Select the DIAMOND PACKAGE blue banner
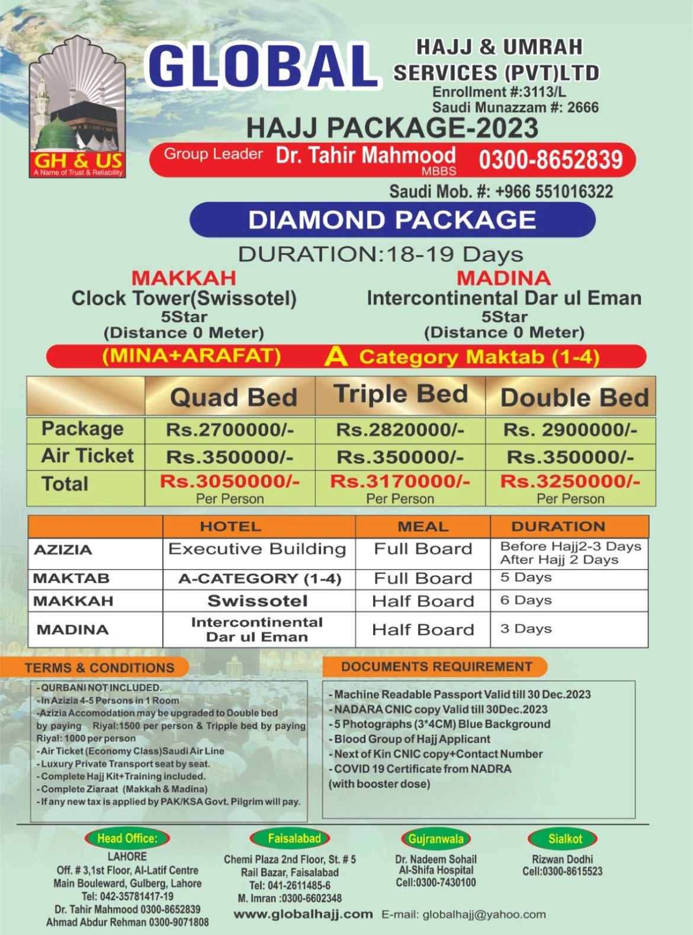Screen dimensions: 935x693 (x=392, y=220)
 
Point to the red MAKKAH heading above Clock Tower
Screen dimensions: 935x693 (x=184, y=278)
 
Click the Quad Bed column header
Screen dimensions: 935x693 (x=233, y=397)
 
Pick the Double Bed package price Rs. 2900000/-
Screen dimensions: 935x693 (x=570, y=430)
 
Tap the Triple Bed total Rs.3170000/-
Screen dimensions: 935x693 (x=400, y=481)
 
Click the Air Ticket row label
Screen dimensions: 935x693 (x=87, y=456)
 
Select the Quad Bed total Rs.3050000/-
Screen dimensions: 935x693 (x=229, y=481)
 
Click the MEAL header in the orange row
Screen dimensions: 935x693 (x=423, y=526)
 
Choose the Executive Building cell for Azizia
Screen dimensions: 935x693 (x=257, y=549)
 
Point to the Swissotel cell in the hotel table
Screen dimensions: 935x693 (x=258, y=601)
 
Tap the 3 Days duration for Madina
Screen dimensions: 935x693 (x=526, y=629)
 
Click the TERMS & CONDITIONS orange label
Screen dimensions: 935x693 (x=100, y=668)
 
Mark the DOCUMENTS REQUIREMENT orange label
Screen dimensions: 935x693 (x=437, y=667)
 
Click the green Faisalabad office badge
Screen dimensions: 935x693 (x=294, y=838)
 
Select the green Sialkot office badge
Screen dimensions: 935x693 (x=564, y=838)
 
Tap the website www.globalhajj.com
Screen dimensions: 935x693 (x=303, y=914)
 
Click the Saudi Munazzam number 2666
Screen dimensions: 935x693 (x=583, y=107)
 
